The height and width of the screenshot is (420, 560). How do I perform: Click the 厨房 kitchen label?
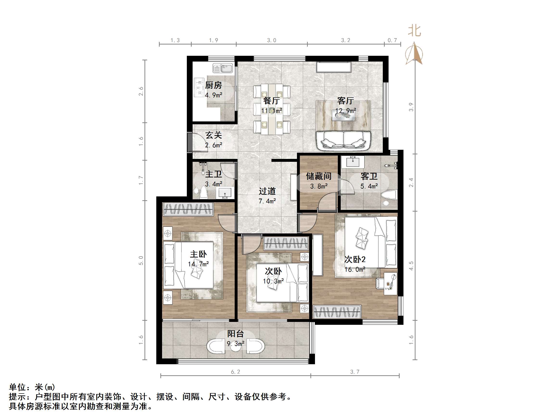click(x=214, y=85)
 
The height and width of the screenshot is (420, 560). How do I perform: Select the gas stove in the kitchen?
click(x=199, y=87)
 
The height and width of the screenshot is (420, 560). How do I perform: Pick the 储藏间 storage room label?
click(x=319, y=176)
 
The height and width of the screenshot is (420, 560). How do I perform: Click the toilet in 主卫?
click(x=204, y=193)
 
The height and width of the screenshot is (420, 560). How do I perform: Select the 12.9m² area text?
click(x=346, y=111)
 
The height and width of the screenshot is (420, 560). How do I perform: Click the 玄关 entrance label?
click(x=214, y=135)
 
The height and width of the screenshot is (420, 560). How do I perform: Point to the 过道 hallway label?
click(x=267, y=191)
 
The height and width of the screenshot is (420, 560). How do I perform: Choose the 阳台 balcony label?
click(x=235, y=334)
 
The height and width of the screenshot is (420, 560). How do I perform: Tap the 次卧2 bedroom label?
click(x=355, y=259)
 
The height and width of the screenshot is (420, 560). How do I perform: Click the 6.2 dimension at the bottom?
click(x=235, y=372)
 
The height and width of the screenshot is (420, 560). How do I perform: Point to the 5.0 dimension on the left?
click(x=141, y=261)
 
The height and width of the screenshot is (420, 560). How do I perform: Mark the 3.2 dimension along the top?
click(x=346, y=40)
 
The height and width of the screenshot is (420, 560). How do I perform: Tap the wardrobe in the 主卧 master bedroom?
click(x=188, y=209)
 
